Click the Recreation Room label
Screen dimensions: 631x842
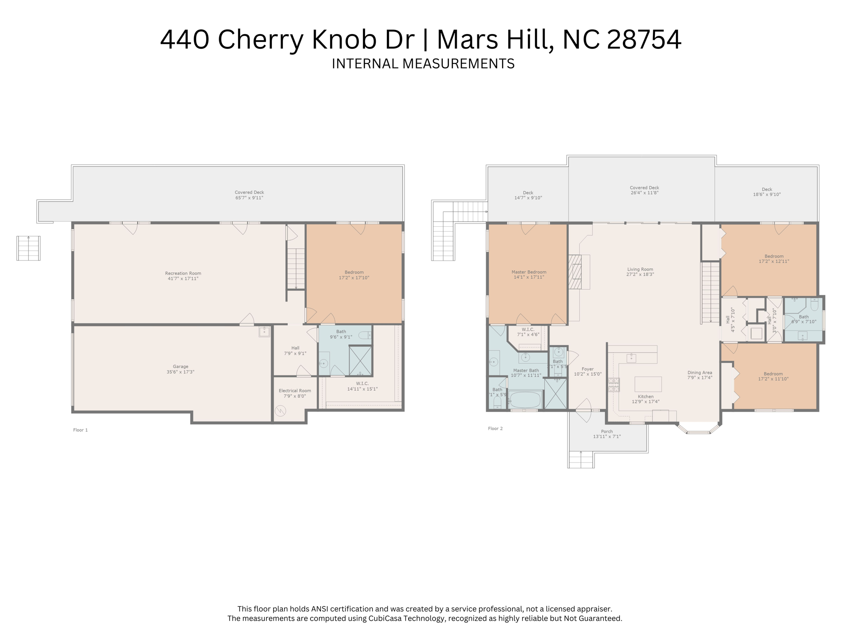183,273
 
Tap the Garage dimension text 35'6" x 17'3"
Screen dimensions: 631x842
180,372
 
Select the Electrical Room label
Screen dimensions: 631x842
295,391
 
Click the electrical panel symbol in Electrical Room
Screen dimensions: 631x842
280,410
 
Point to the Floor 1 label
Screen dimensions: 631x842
81,430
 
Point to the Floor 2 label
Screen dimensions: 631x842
495,428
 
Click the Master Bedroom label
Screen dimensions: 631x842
529,272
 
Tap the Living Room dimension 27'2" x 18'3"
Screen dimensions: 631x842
640,274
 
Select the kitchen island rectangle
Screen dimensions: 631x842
648,384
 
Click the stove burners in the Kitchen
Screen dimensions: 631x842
613,385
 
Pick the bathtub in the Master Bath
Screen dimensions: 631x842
525,400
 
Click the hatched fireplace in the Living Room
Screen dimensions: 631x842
575,272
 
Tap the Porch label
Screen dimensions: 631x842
607,431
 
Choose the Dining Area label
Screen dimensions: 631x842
700,373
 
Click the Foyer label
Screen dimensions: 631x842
588,369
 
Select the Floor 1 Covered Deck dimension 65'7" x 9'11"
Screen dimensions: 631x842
249,198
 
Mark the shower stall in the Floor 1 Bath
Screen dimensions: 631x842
360,361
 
